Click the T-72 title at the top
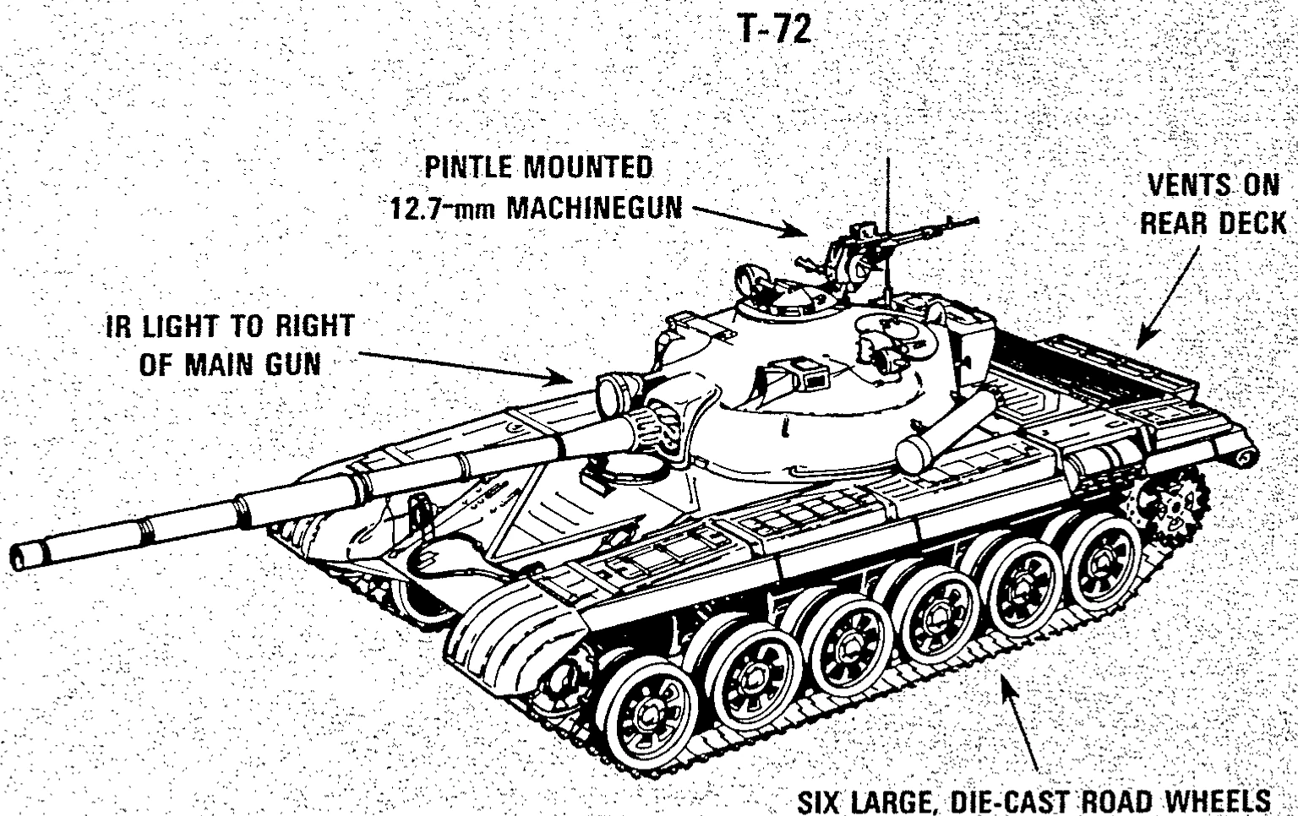[x=774, y=30]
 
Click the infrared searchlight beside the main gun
[x=616, y=391]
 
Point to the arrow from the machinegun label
[x=749, y=217]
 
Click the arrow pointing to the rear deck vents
[x=1167, y=296]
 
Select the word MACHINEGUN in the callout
[x=593, y=208]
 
